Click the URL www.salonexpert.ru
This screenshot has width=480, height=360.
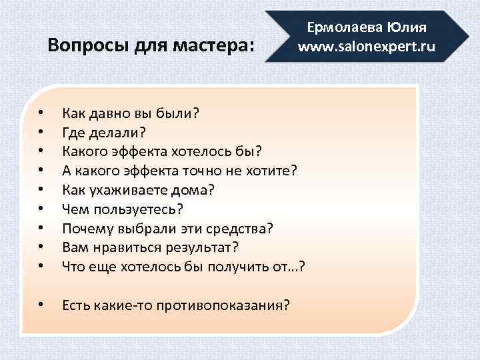coord(366,47)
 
